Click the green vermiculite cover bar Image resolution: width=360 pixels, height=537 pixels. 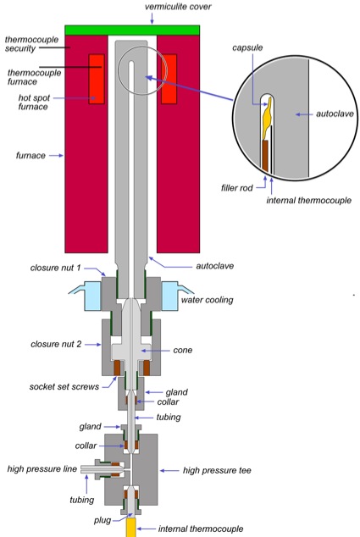tap(132, 30)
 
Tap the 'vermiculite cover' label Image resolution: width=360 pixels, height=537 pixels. tap(178, 7)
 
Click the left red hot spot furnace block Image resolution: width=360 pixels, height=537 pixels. tap(97, 79)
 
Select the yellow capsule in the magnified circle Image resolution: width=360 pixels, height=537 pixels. tap(267, 118)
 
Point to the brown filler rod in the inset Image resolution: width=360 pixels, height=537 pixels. tap(265, 156)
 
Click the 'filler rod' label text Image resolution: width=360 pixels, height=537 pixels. tap(237, 188)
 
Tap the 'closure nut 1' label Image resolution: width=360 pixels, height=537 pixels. tap(56, 268)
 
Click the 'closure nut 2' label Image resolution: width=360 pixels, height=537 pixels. tap(56, 344)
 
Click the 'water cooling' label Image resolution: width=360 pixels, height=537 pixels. tap(207, 300)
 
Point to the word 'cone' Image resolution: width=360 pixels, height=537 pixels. tap(183, 350)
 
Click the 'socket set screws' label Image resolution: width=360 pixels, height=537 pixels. tap(64, 386)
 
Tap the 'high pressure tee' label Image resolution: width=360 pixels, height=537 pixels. tap(217, 471)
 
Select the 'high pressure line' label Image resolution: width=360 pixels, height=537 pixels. tap(42, 468)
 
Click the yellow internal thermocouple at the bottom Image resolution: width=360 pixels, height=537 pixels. tap(130, 527)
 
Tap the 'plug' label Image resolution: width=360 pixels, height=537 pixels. tap(102, 521)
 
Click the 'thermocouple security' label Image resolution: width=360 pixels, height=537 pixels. tap(31, 44)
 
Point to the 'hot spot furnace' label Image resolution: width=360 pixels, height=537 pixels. tap(34, 102)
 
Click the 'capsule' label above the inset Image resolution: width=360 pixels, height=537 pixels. tap(247, 47)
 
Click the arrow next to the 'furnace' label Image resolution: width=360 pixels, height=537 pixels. tap(56, 156)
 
